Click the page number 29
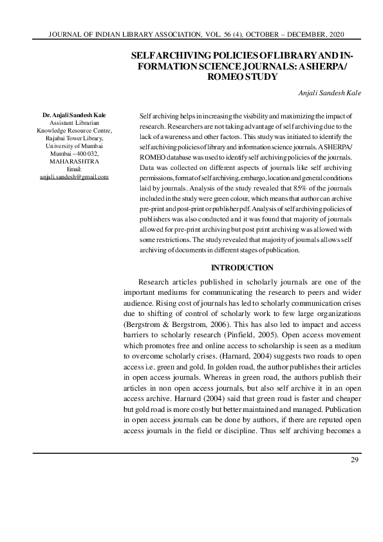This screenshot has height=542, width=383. click(x=354, y=459)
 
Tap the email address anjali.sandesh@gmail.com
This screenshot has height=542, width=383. click(x=74, y=176)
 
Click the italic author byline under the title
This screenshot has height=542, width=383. click(x=330, y=93)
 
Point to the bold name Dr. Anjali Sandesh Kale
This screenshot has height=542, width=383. click(x=74, y=115)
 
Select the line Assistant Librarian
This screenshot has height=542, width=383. click(x=74, y=122)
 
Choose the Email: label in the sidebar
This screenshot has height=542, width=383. click(x=74, y=169)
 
